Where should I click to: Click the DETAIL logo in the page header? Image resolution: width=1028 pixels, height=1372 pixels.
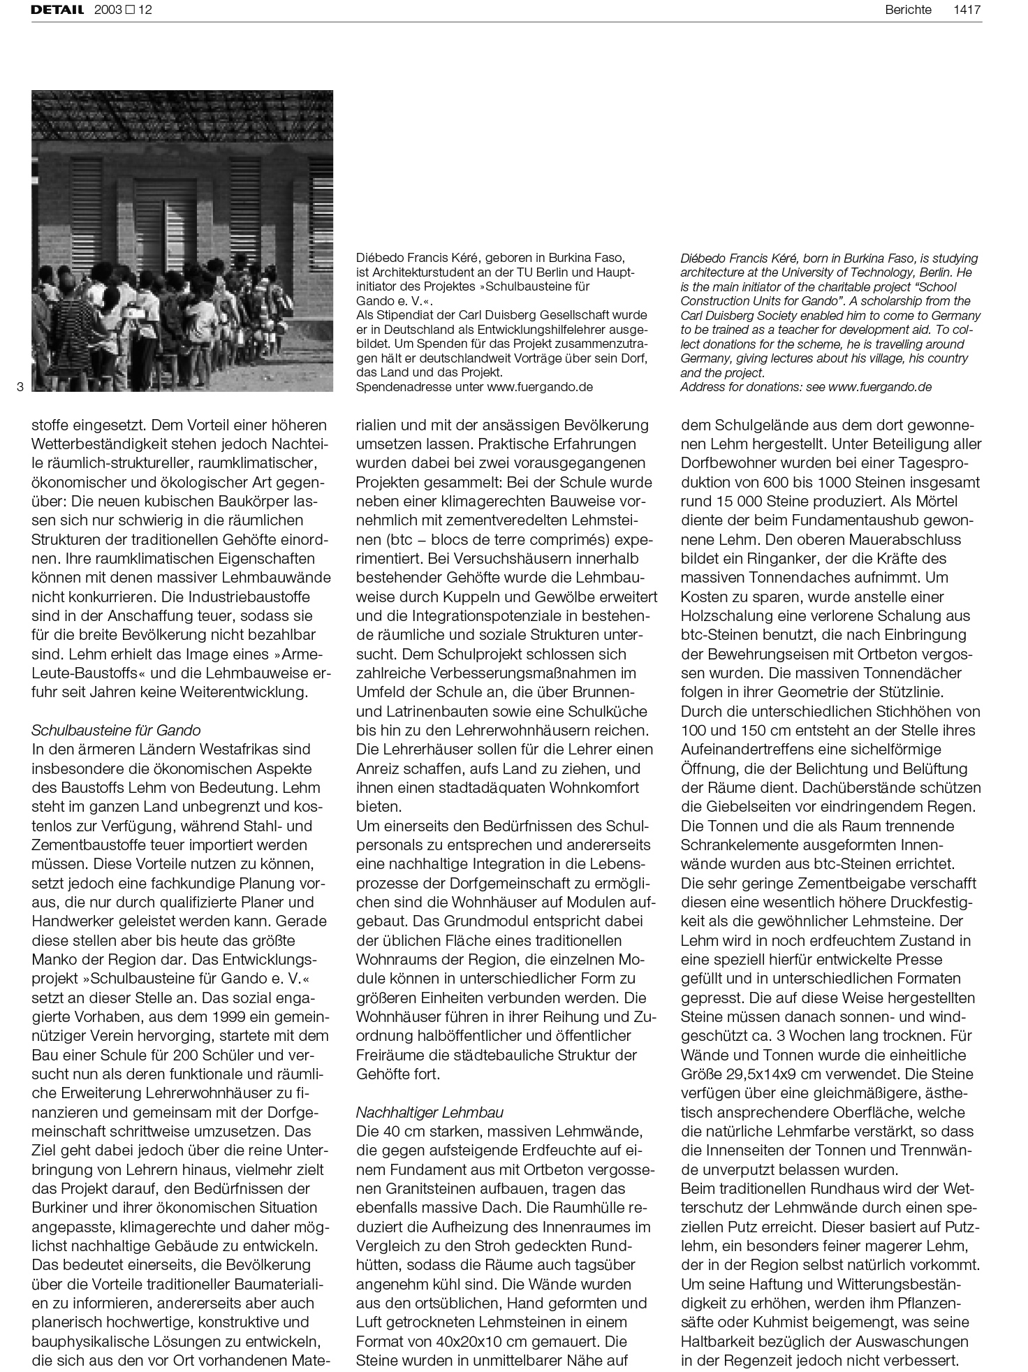pyautogui.click(x=57, y=10)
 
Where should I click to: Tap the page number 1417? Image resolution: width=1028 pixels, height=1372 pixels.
pyautogui.click(x=967, y=10)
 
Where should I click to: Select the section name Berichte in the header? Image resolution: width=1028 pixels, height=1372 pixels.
pyautogui.click(x=908, y=10)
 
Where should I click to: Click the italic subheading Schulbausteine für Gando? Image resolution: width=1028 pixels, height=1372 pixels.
pyautogui.click(x=116, y=730)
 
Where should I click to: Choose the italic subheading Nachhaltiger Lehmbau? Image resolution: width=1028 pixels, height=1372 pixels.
pyautogui.click(x=429, y=1112)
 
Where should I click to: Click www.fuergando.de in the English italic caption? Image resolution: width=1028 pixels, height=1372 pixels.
pyautogui.click(x=880, y=387)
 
